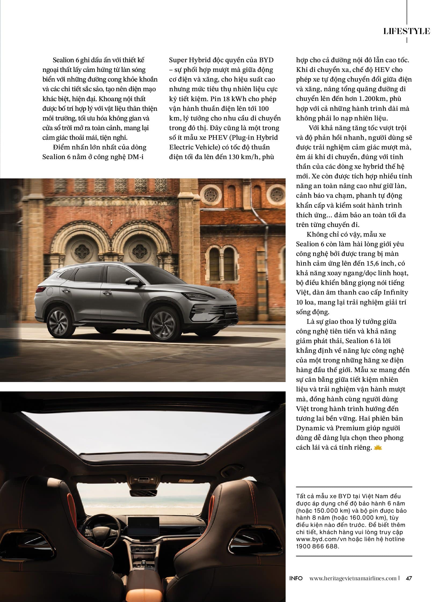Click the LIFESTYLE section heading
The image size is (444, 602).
click(406, 31)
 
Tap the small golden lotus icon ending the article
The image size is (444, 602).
click(378, 447)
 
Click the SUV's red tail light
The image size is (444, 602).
click(41, 289)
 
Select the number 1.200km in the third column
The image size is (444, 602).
click(373, 98)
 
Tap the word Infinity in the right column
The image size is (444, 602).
click(396, 292)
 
